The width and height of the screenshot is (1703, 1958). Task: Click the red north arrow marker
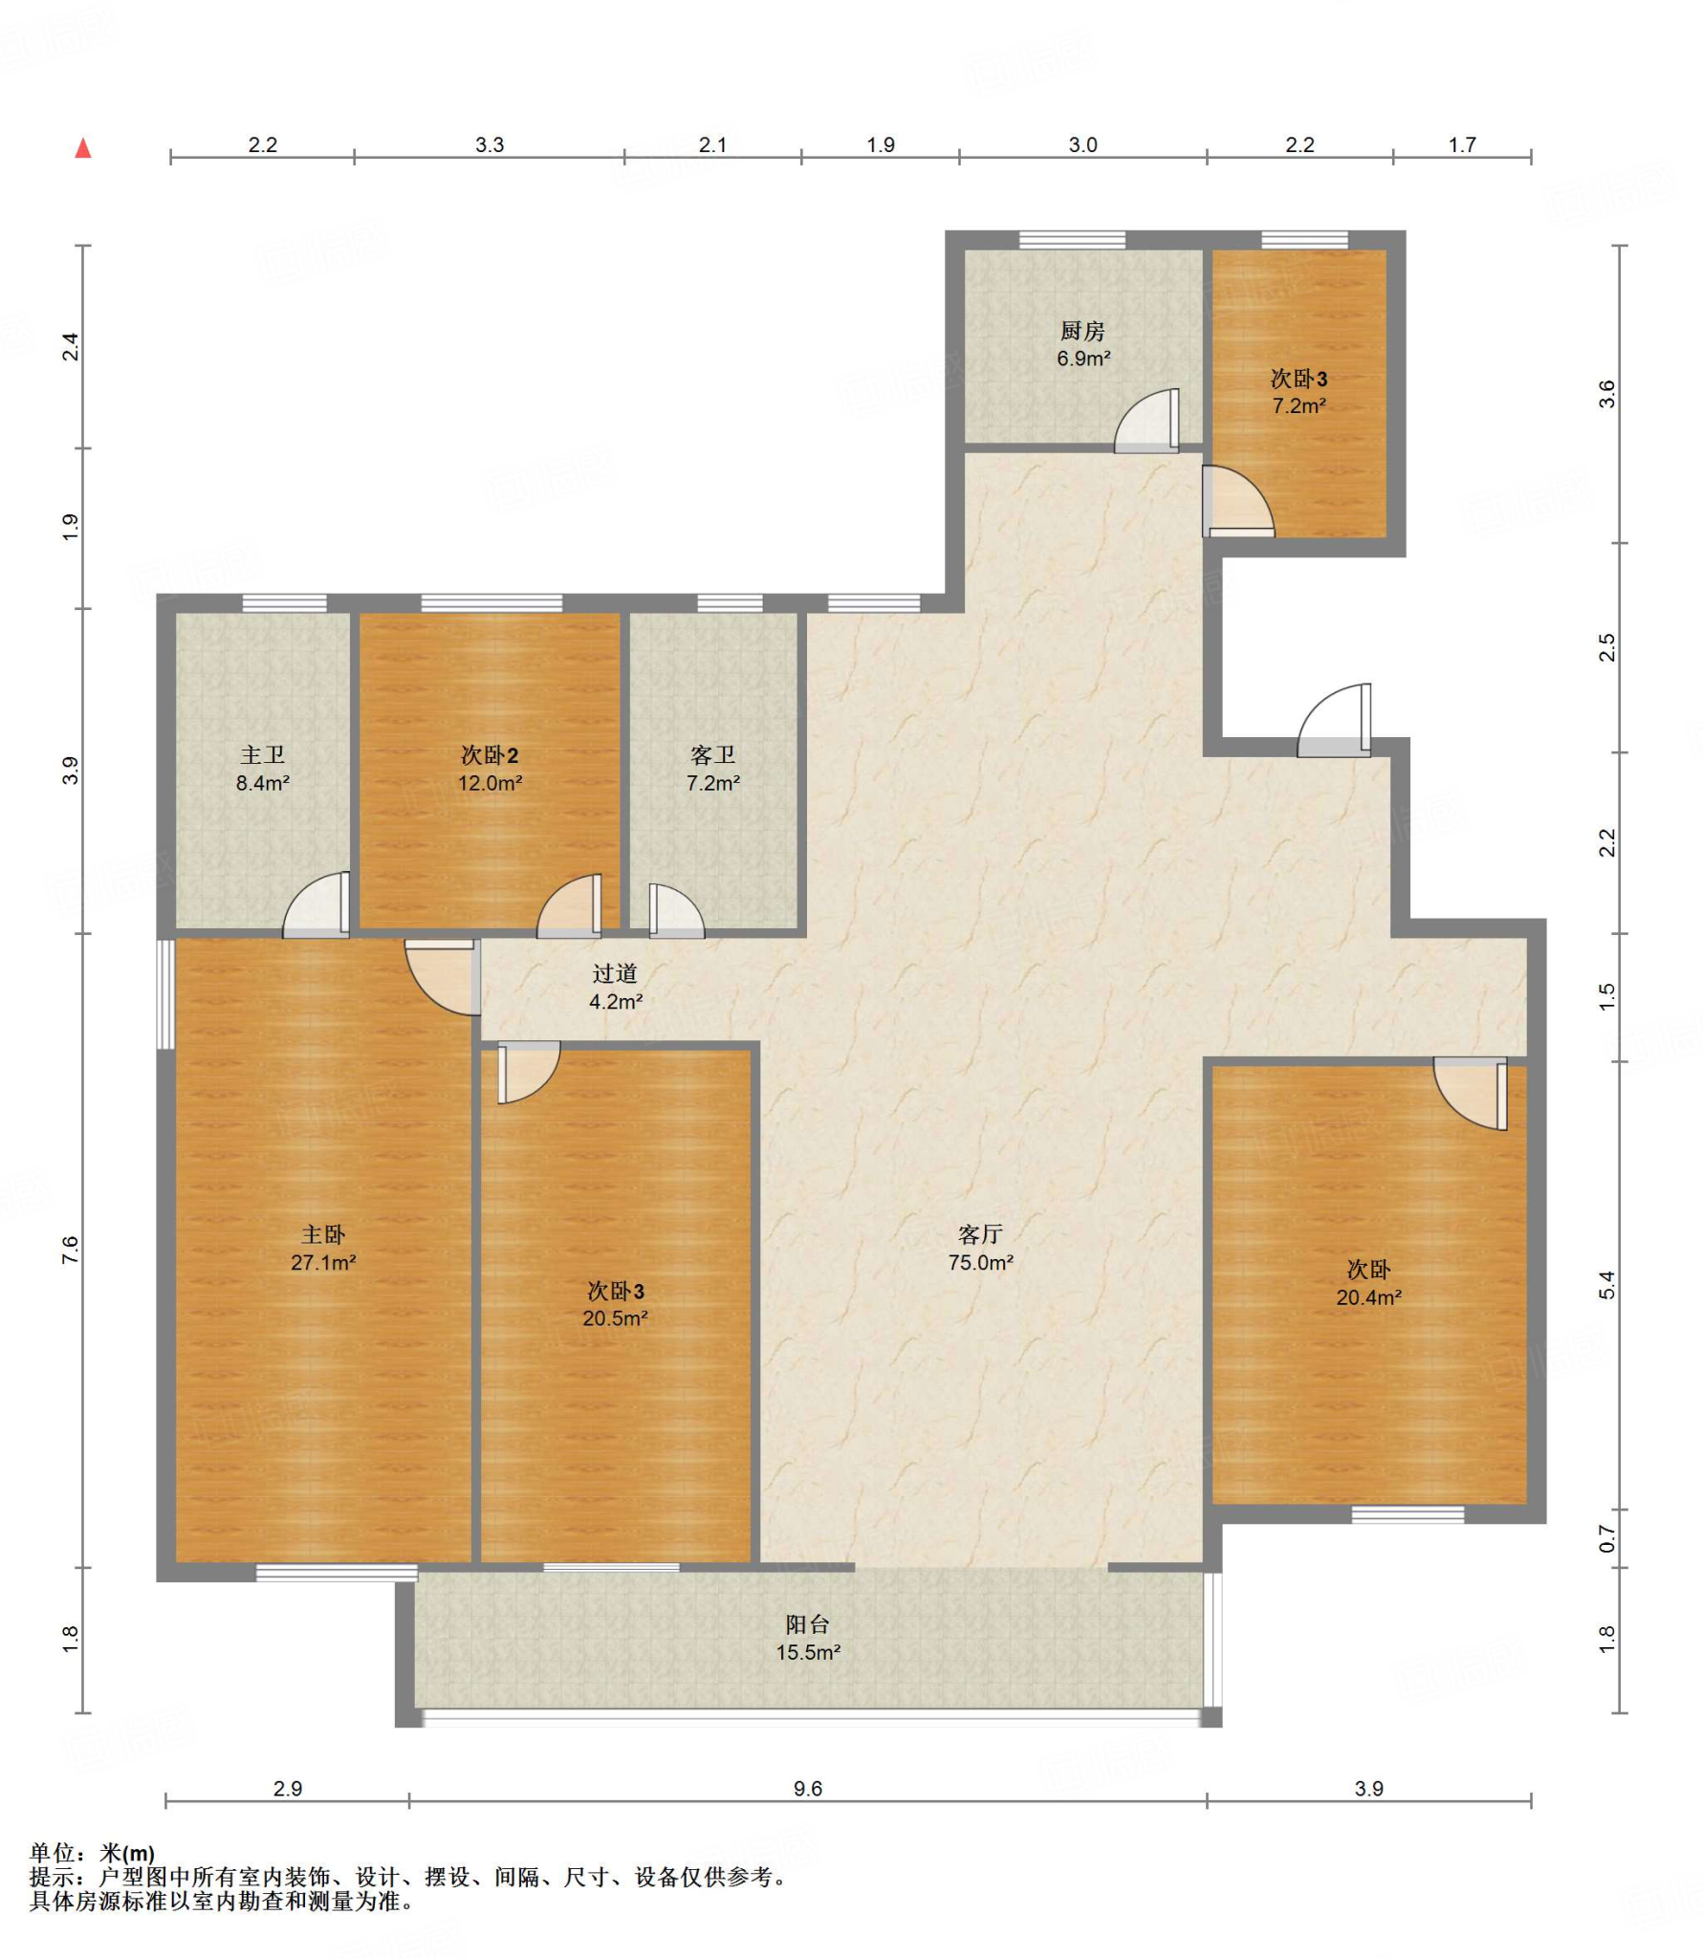click(x=83, y=148)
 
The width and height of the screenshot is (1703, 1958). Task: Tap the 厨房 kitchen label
click(x=1081, y=331)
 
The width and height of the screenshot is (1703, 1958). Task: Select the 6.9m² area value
click(x=1082, y=359)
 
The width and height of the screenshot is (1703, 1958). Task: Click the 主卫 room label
click(x=262, y=755)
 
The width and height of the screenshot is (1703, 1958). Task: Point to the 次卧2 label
click(x=489, y=755)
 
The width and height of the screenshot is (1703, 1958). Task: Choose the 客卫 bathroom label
click(x=712, y=755)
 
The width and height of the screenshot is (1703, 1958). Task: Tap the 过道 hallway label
click(x=614, y=973)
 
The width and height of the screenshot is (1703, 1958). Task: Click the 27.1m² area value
click(x=323, y=1263)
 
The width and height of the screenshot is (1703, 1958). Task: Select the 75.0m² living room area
click(x=980, y=1263)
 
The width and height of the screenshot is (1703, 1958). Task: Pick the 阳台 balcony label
click(x=807, y=1624)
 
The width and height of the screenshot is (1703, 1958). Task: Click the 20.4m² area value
click(x=1368, y=1297)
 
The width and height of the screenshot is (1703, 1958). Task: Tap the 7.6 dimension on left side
click(x=70, y=1250)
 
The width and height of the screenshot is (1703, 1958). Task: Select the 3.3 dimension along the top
click(x=489, y=144)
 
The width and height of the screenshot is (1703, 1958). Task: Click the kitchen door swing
click(x=1146, y=420)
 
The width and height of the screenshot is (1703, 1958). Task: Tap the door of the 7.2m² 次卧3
click(x=1237, y=500)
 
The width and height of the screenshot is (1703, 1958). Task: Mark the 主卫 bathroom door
click(x=316, y=904)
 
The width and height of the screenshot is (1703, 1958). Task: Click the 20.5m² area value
click(x=615, y=1318)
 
